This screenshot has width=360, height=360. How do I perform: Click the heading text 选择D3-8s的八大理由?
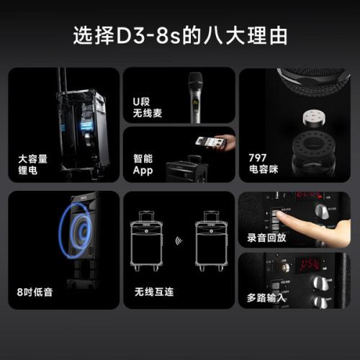coord(180,35)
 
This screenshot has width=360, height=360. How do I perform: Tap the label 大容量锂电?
coord(33,165)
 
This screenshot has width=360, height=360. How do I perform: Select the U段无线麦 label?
coord(148,107)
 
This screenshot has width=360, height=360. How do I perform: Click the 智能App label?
coord(143,165)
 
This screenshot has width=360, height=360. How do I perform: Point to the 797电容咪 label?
coord(264,163)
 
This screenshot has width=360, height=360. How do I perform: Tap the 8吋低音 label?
coord(35,292)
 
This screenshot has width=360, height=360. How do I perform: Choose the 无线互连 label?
coord(154,292)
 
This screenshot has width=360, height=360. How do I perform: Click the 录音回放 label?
coord(266,238)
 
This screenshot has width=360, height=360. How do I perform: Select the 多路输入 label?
coord(266,298)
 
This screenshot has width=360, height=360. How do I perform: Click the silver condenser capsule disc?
coord(314,117)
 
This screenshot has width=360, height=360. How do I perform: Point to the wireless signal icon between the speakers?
coord(179,240)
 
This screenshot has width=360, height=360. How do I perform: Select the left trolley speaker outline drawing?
coord(146,241)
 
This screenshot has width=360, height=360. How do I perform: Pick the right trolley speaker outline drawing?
coord(211,241)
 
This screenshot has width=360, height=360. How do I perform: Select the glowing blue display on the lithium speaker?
coord(86,125)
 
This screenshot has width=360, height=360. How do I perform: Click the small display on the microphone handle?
coord(195,103)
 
